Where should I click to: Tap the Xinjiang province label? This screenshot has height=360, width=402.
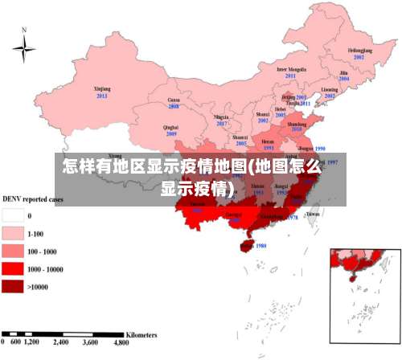tap(102, 88)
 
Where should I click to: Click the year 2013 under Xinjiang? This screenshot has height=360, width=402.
tap(102, 96)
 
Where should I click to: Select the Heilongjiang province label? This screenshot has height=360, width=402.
tap(359, 51)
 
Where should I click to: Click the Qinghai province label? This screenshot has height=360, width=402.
tap(170, 127)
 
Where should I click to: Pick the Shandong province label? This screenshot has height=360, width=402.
tap(297, 123)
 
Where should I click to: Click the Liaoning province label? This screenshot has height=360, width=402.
tap(329, 89)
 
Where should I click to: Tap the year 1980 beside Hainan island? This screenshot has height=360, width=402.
tap(260, 246)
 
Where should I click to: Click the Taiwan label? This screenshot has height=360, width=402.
tap(313, 215)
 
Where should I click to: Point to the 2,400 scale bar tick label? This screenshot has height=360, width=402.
tap(61, 342)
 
